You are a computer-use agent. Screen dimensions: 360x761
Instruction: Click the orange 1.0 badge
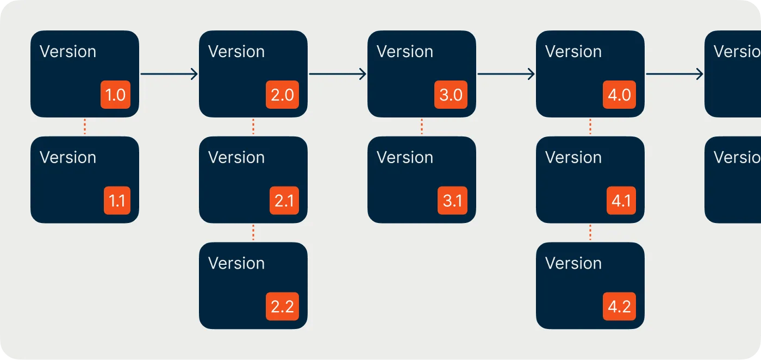(115, 95)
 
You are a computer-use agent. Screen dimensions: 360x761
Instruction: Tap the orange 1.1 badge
(117, 201)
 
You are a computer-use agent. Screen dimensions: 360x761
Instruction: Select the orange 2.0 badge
(283, 95)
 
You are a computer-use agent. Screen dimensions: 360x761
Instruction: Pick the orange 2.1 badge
(284, 201)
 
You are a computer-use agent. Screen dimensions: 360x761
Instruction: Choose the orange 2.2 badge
(282, 306)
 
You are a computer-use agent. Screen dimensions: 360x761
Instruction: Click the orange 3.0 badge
(451, 95)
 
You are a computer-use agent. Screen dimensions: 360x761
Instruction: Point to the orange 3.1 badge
(452, 201)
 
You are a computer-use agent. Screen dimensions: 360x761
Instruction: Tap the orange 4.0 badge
(619, 95)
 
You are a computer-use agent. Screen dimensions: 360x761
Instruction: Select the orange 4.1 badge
(620, 201)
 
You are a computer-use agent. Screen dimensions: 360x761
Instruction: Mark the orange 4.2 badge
(619, 306)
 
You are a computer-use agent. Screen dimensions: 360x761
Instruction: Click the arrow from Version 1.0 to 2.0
(169, 74)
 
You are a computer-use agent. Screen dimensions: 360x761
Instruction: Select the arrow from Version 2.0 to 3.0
(337, 74)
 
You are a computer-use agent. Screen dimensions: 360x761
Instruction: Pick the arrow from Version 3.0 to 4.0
(506, 74)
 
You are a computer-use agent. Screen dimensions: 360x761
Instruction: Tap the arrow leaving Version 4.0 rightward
(674, 74)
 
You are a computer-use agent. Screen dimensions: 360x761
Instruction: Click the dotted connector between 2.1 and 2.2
(253, 233)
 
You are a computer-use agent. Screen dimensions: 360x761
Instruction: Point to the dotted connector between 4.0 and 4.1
(590, 127)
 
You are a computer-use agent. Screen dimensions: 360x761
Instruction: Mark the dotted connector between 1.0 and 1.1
(85, 127)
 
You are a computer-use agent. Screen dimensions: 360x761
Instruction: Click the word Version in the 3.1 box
(405, 157)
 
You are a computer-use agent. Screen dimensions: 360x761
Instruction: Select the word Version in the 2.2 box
(236, 263)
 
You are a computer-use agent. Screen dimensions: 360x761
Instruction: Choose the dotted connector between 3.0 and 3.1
(422, 127)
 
